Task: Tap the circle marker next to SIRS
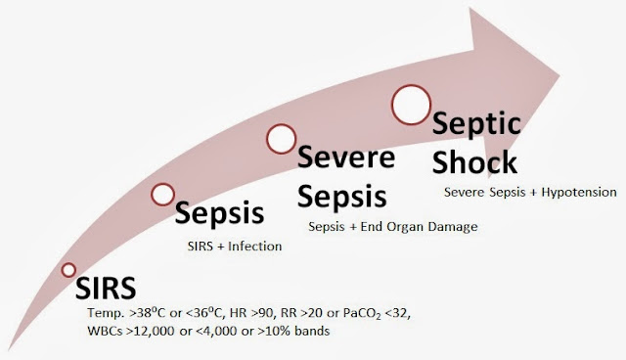68,270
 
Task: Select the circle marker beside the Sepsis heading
162,195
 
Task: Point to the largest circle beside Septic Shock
412,102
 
